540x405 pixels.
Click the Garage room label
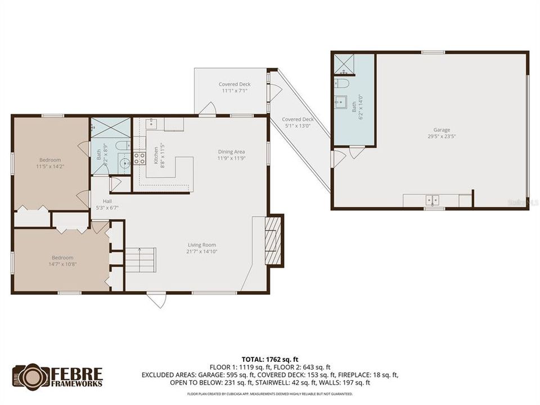point(442,130)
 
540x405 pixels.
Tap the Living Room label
point(202,245)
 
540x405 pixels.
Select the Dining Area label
point(232,151)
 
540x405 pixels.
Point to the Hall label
point(107,201)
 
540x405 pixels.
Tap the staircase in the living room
point(139,260)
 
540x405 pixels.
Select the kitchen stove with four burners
point(138,158)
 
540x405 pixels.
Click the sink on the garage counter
point(432,200)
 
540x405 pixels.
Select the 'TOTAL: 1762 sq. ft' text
point(270,358)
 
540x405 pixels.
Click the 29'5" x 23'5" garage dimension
point(442,136)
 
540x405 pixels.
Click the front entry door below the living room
point(157,299)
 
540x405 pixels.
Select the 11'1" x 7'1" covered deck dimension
point(235,91)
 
